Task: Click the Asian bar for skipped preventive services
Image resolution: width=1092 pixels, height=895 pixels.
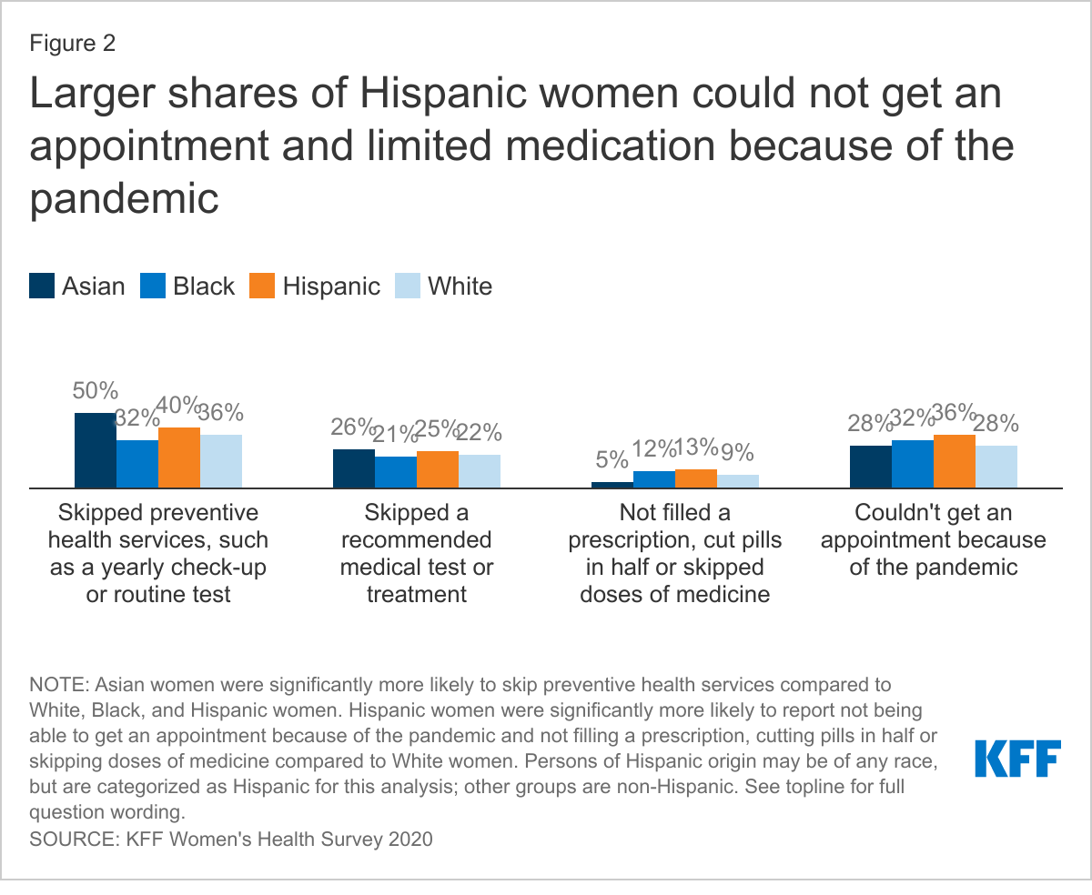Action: click(95, 450)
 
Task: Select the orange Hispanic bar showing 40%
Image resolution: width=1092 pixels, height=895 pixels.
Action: click(179, 458)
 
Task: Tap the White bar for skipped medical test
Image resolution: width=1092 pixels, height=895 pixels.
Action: click(480, 471)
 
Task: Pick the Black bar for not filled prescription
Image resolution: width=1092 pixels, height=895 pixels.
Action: click(654, 479)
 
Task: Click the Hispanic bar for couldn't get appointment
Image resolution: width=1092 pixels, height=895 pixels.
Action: click(955, 461)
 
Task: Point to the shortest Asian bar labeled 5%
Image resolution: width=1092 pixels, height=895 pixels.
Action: click(612, 485)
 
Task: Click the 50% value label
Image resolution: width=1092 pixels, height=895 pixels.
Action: click(95, 391)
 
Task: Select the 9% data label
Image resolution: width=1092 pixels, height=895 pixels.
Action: click(738, 452)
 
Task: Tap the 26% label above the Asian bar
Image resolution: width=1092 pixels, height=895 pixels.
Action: click(353, 427)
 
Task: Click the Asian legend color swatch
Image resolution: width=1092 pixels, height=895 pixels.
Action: click(42, 286)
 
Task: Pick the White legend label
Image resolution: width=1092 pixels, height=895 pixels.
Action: click(460, 286)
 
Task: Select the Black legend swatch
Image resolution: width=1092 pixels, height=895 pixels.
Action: click(152, 286)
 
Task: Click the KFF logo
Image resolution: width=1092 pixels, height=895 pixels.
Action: click(1017, 759)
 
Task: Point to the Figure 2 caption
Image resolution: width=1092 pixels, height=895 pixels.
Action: click(73, 43)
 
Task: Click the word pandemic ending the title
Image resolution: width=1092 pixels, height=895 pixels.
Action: click(124, 198)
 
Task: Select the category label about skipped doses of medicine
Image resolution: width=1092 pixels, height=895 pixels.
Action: click(674, 553)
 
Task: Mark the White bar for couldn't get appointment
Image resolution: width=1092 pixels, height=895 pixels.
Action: click(996, 467)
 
